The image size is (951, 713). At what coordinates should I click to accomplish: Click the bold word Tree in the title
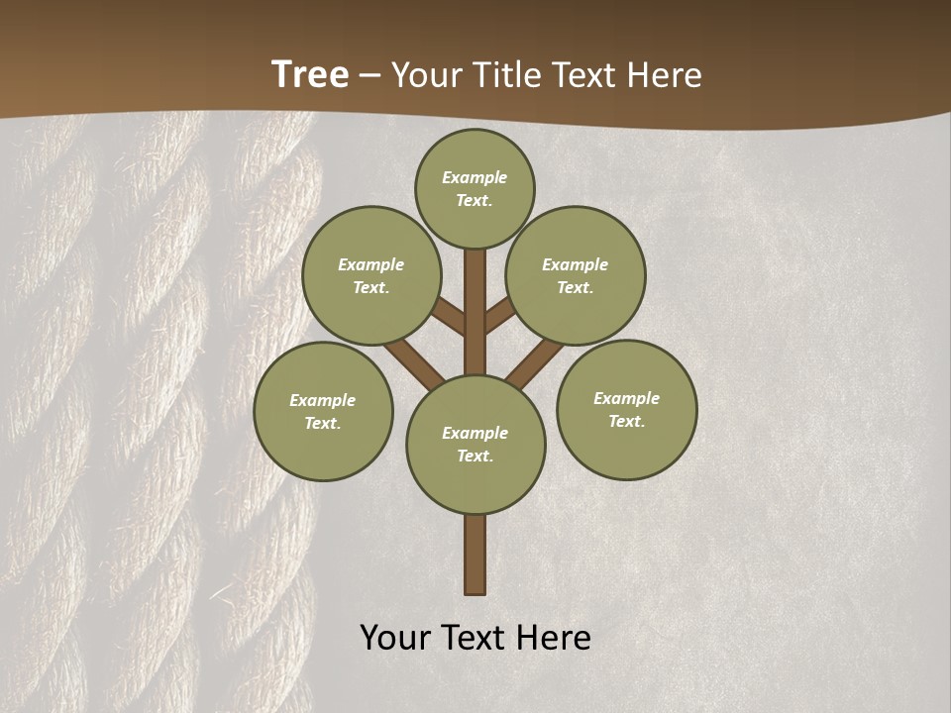tap(310, 74)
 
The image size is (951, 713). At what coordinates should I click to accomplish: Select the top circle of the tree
tap(475, 188)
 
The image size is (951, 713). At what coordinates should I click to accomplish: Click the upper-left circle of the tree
tap(370, 275)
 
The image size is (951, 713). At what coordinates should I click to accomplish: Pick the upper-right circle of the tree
tap(576, 275)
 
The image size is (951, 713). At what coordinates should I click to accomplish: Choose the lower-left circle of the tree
tap(323, 411)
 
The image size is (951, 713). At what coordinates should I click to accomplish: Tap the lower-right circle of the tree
tap(626, 409)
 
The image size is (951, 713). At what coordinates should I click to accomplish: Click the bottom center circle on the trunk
tap(475, 444)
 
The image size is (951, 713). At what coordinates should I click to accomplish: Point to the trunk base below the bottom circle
tap(475, 555)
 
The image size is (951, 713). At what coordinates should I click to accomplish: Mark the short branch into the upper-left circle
tap(450, 317)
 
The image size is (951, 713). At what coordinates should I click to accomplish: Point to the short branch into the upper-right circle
tap(499, 316)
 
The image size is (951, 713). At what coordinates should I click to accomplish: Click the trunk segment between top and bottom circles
tap(475, 317)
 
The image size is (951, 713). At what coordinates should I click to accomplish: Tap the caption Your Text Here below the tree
tap(475, 638)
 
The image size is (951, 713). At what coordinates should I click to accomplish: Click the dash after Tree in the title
tap(370, 75)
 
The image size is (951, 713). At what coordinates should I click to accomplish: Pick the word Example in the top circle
tap(475, 177)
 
